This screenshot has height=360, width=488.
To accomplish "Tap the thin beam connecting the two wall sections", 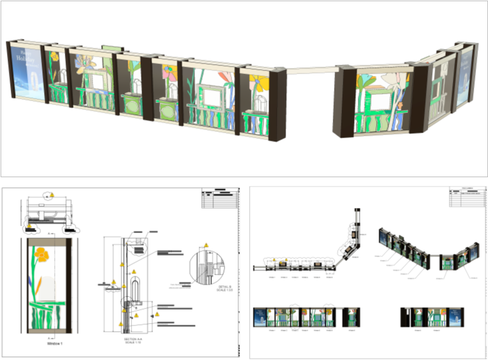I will point(311,68).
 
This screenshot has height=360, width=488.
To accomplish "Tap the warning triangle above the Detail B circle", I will point(206,245).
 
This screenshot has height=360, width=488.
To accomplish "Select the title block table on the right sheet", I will point(467,199).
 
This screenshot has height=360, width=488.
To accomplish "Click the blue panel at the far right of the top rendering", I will point(466,76).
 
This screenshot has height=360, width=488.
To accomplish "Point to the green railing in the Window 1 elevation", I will point(47,312).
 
